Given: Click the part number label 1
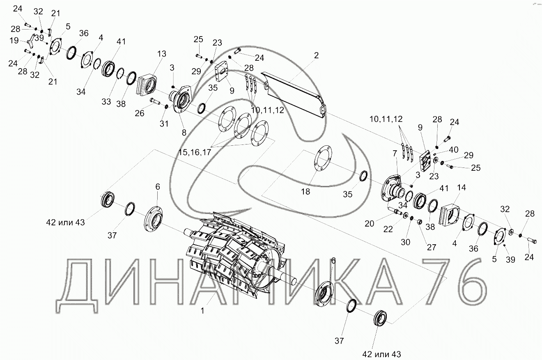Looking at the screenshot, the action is click(x=202, y=311).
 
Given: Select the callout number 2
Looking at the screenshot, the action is click(x=316, y=55).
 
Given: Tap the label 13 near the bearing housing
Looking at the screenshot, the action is click(x=162, y=54).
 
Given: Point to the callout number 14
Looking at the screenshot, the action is click(x=462, y=188).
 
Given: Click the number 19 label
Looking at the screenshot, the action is click(x=14, y=40).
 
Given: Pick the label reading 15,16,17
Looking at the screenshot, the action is click(x=195, y=152).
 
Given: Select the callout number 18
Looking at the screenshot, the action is click(x=305, y=192).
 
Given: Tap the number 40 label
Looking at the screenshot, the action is click(x=454, y=150).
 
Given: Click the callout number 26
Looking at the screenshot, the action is click(x=140, y=113).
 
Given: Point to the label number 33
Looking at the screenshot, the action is click(x=106, y=102).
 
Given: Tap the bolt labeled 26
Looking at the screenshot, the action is click(x=155, y=101).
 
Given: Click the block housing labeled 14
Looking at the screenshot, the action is click(x=449, y=216).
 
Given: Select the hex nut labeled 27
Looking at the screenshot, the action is click(x=420, y=222).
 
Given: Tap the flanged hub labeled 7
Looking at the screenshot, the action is click(x=393, y=190).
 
